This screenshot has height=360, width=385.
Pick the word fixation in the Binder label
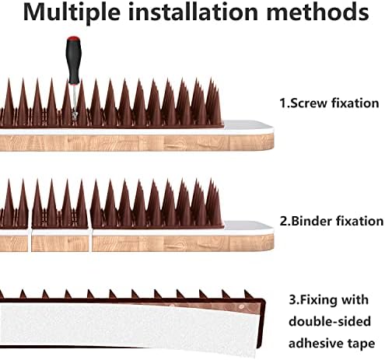pyautogui.click(x=357, y=221)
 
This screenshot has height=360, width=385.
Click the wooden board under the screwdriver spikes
pyautogui.click(x=132, y=142)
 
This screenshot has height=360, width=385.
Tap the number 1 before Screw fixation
pyautogui.click(x=282, y=102)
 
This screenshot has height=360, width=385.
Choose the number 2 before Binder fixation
pyautogui.click(x=283, y=221)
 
